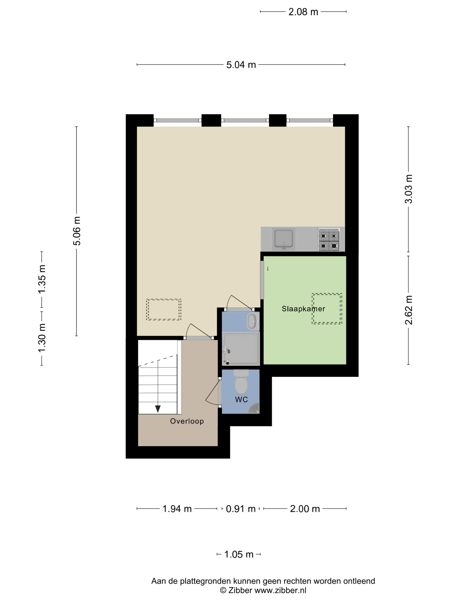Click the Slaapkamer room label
[x=303, y=309]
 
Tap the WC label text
[x=241, y=400]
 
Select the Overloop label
[x=187, y=421]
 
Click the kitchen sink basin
[x=283, y=239]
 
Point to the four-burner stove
[x=329, y=239]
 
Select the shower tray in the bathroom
[x=241, y=349]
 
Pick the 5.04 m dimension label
[x=241, y=65]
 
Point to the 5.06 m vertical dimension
[x=77, y=231]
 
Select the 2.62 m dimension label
[x=408, y=310]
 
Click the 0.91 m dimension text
[x=241, y=509]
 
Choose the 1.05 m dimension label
[x=239, y=554]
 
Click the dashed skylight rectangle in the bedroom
[x=327, y=309]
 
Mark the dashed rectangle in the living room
[x=163, y=310]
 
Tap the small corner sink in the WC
[x=255, y=409]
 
